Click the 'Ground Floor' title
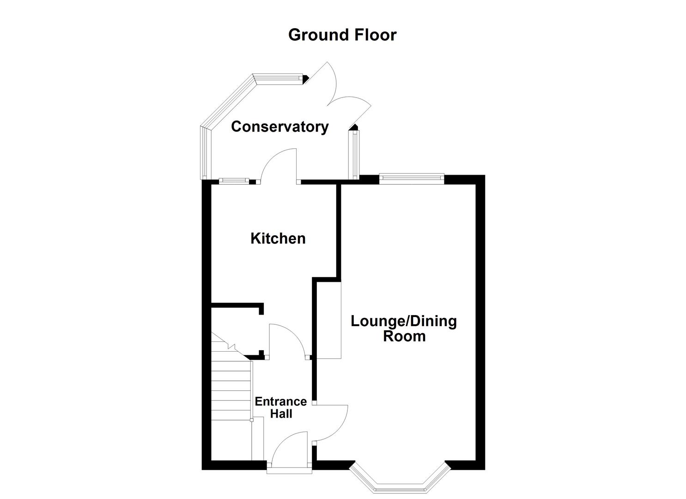pos(342,35)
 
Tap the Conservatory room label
pos(279,127)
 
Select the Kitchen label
pos(278,238)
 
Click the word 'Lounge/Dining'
pos(403,321)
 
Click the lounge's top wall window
pos(412,178)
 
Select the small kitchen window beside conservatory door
pos(234,181)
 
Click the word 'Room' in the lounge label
pos(404,336)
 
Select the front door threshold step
pos(290,470)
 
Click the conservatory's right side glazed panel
pos(355,155)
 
